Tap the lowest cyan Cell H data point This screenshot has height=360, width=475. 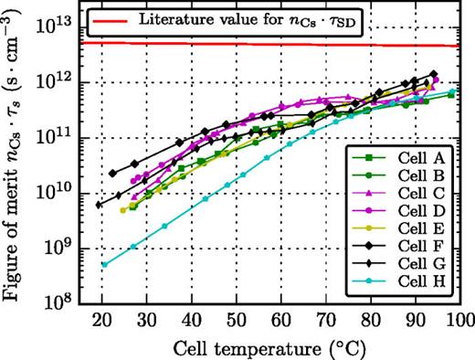[104, 265]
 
